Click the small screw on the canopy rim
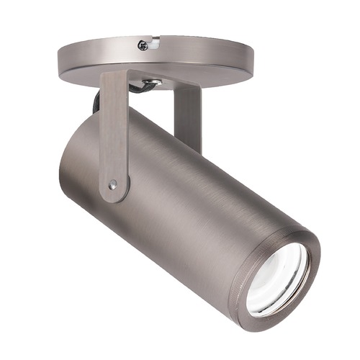[143, 45]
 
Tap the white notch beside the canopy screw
[153, 43]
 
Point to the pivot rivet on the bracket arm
[113, 185]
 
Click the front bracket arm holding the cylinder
[114, 137]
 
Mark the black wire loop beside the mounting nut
[137, 88]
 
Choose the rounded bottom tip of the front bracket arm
[114, 196]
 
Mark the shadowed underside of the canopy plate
[216, 76]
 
